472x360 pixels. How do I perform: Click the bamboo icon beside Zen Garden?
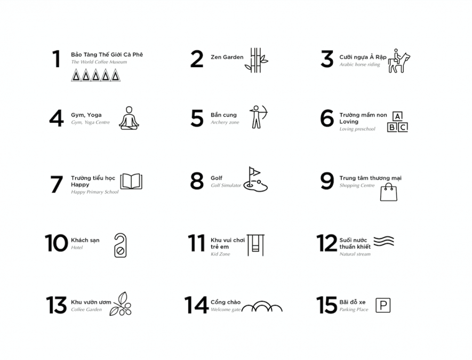[256, 60]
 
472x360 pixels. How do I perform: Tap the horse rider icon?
[399, 61]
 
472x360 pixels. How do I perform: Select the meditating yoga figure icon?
[129, 118]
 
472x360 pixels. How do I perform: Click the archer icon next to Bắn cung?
[258, 117]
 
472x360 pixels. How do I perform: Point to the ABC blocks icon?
[397, 122]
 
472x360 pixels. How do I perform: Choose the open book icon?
[131, 181]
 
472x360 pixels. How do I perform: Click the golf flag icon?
[255, 179]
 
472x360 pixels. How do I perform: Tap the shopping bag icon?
[389, 192]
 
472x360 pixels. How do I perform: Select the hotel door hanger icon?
[121, 245]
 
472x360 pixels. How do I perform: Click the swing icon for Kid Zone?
[255, 245]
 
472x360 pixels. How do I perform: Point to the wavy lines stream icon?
[384, 241]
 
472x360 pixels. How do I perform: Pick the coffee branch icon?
[121, 303]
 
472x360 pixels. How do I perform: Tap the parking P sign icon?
[383, 305]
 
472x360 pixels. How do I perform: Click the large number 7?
[57, 184]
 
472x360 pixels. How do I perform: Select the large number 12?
[326, 243]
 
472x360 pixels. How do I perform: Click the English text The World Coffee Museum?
[99, 62]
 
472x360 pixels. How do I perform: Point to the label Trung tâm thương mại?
[371, 178]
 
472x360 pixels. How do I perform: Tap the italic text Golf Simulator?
[226, 186]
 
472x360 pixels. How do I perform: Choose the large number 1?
[57, 59]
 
